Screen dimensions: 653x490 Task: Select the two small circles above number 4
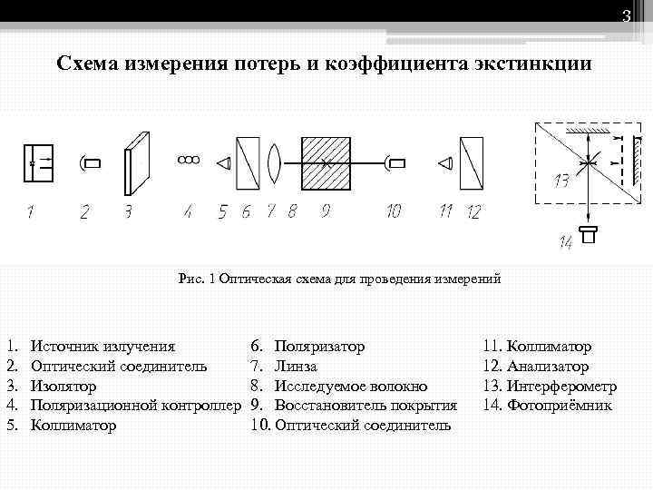[189, 160]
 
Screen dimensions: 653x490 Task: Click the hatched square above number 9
[326, 163]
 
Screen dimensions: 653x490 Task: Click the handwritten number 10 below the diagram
[393, 211]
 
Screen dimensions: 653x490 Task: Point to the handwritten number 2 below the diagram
[84, 212]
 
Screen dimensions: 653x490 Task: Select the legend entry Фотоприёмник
[560, 405]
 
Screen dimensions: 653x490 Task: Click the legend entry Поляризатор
[319, 347]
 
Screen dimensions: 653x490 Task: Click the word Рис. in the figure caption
[191, 279]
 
